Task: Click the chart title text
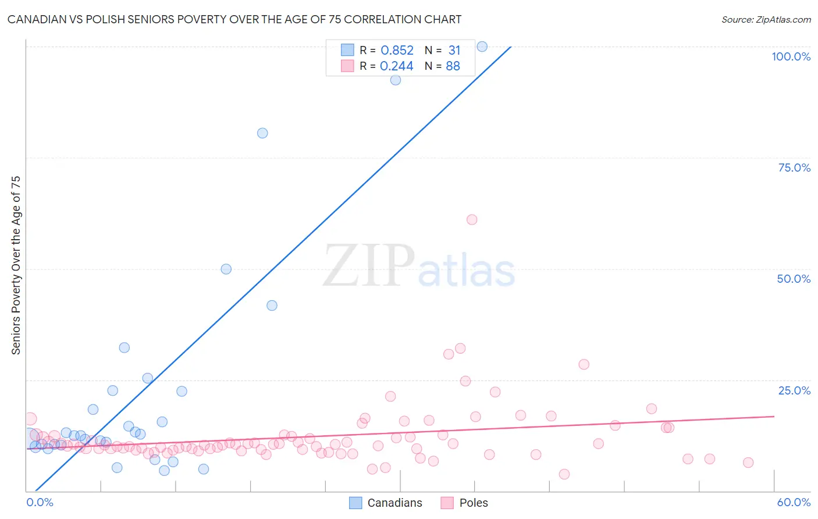pyautogui.click(x=234, y=19)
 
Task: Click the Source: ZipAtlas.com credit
pyautogui.click(x=766, y=19)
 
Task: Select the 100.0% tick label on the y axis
pyautogui.click(x=791, y=56)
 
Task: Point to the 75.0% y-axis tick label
pyautogui.click(x=794, y=168)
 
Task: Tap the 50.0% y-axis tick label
pyautogui.click(x=794, y=279)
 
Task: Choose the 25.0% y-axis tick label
pyautogui.click(x=794, y=390)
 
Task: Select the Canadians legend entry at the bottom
pyautogui.click(x=386, y=503)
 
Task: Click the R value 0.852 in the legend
pyautogui.click(x=397, y=51)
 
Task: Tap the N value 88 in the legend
pyautogui.click(x=453, y=66)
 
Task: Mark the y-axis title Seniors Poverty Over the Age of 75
pyautogui.click(x=16, y=265)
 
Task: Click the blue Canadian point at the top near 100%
pyautogui.click(x=482, y=47)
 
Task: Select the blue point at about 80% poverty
pyautogui.click(x=262, y=133)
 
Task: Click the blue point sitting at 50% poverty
pyautogui.click(x=226, y=269)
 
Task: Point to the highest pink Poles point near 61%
pyautogui.click(x=472, y=220)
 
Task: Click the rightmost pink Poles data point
pyautogui.click(x=748, y=463)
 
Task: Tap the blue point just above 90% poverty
pyautogui.click(x=396, y=80)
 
